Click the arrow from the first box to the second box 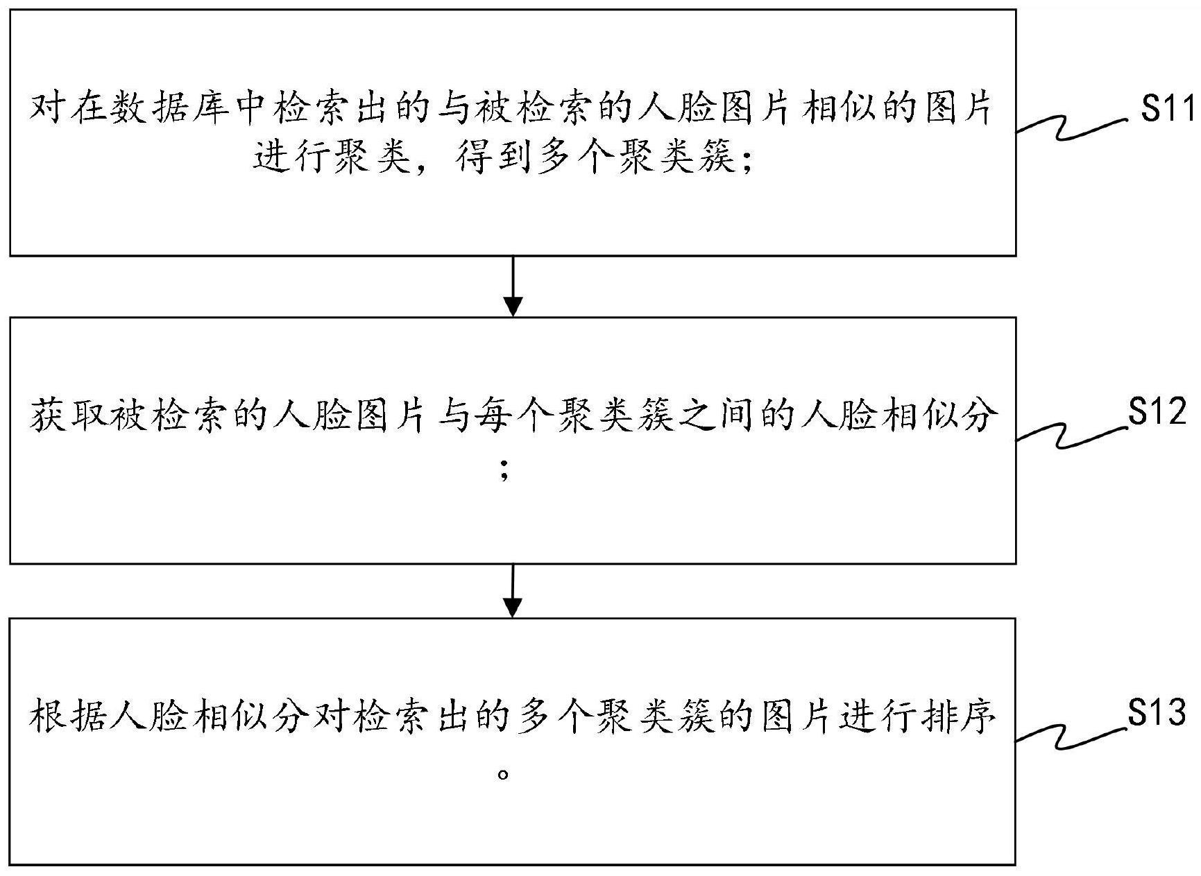[x=512, y=286]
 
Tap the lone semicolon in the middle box [x=504, y=472]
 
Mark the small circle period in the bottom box [x=504, y=773]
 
